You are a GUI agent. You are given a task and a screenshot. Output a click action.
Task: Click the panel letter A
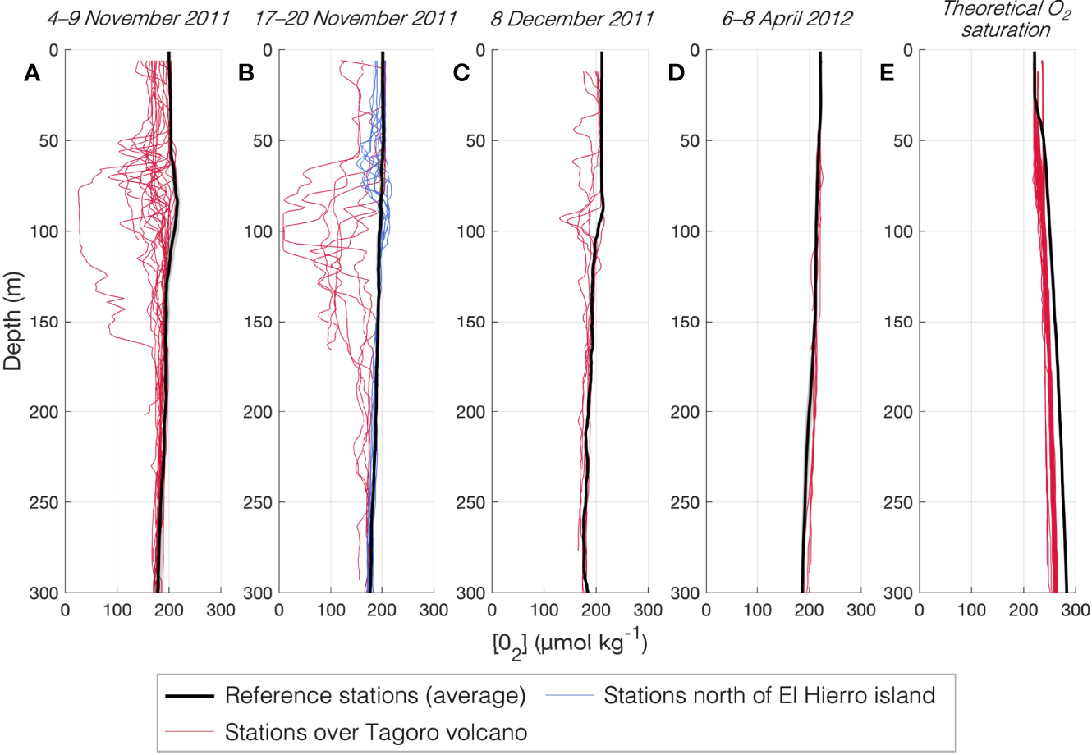pyautogui.click(x=32, y=74)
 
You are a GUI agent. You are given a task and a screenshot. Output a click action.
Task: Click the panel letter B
pyautogui.click(x=245, y=74)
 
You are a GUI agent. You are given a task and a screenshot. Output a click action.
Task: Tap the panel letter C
pyautogui.click(x=461, y=74)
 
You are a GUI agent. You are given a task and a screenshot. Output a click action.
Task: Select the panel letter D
pyautogui.click(x=676, y=74)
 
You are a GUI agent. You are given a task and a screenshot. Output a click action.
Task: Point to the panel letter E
pyautogui.click(x=887, y=74)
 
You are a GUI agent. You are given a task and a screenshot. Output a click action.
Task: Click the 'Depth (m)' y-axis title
pyautogui.click(x=13, y=321)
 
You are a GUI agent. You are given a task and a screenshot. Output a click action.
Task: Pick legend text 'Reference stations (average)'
pyautogui.click(x=375, y=696)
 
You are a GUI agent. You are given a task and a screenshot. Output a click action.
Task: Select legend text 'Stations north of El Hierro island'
pyautogui.click(x=769, y=696)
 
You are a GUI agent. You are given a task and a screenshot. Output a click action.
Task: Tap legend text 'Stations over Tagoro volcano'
pyautogui.click(x=375, y=732)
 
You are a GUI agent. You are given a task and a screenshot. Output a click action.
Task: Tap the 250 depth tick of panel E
pyautogui.click(x=900, y=502)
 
